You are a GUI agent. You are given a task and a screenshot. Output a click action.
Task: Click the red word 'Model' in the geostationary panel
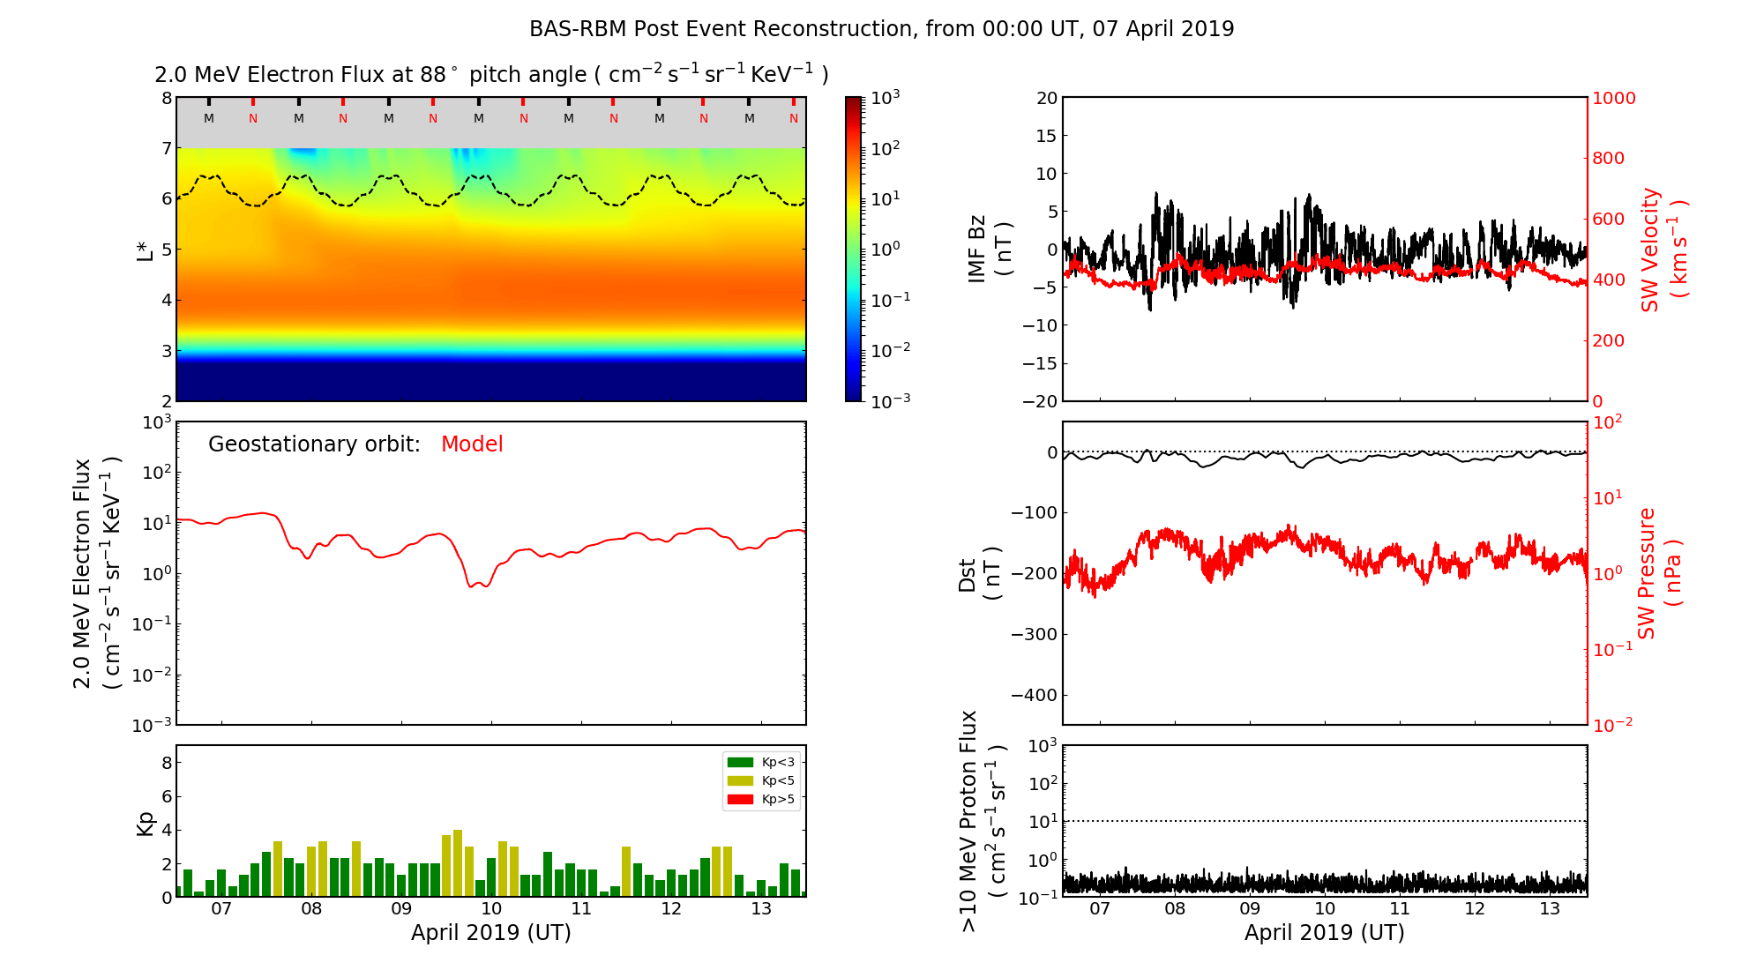(x=472, y=444)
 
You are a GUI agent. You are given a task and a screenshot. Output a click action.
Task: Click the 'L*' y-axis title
(x=146, y=249)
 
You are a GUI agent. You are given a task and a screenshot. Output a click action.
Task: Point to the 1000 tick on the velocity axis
(x=1613, y=98)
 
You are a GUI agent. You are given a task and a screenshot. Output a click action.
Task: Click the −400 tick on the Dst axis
(x=1034, y=695)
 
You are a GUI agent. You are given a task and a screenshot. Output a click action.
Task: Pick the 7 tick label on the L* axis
(x=166, y=148)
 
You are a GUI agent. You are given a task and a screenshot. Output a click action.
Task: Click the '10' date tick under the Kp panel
(x=491, y=909)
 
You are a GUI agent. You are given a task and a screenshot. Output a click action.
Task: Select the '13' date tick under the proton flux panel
(x=1550, y=909)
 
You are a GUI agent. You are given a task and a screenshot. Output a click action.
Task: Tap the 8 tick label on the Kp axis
(x=166, y=763)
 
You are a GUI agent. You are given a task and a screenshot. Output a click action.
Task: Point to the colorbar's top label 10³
(x=886, y=97)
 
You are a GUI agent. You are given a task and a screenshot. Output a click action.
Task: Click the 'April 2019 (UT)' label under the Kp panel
(x=490, y=933)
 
